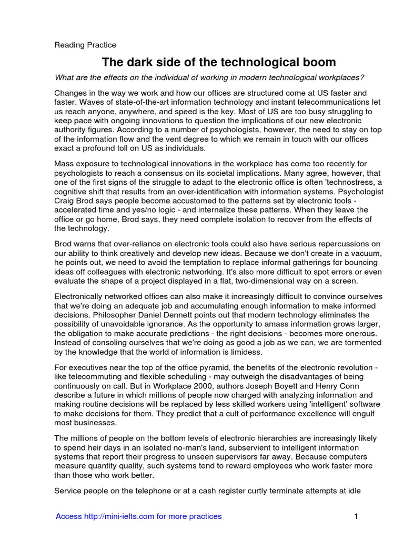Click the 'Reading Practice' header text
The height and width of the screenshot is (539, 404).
coord(85,45)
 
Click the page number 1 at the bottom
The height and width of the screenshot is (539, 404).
coord(356,516)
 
